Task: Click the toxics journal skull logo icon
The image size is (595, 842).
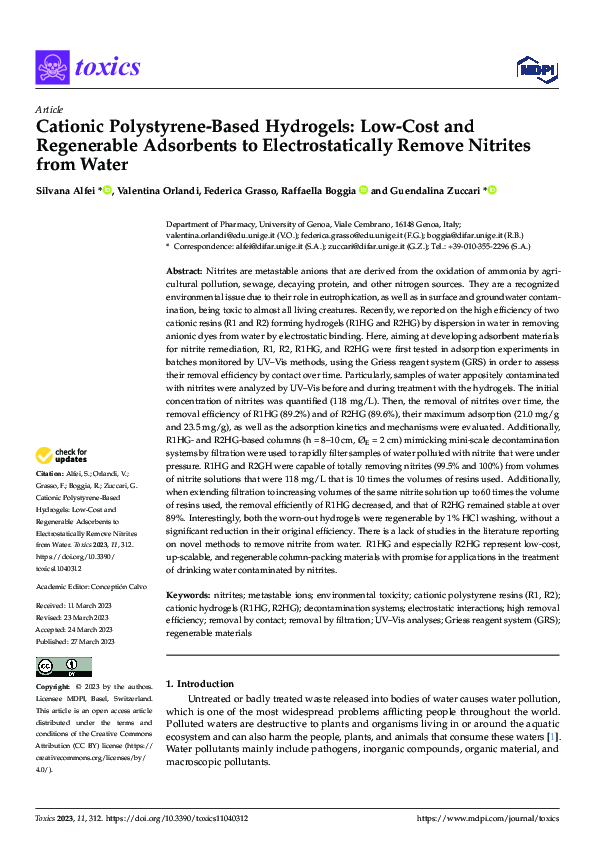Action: (51, 66)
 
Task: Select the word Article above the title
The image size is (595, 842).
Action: (48, 109)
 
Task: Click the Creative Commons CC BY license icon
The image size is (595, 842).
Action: (63, 667)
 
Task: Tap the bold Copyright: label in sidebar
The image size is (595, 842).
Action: (52, 688)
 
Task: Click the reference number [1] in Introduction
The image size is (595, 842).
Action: (551, 737)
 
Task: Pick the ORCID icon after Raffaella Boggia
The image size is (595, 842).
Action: (365, 190)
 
